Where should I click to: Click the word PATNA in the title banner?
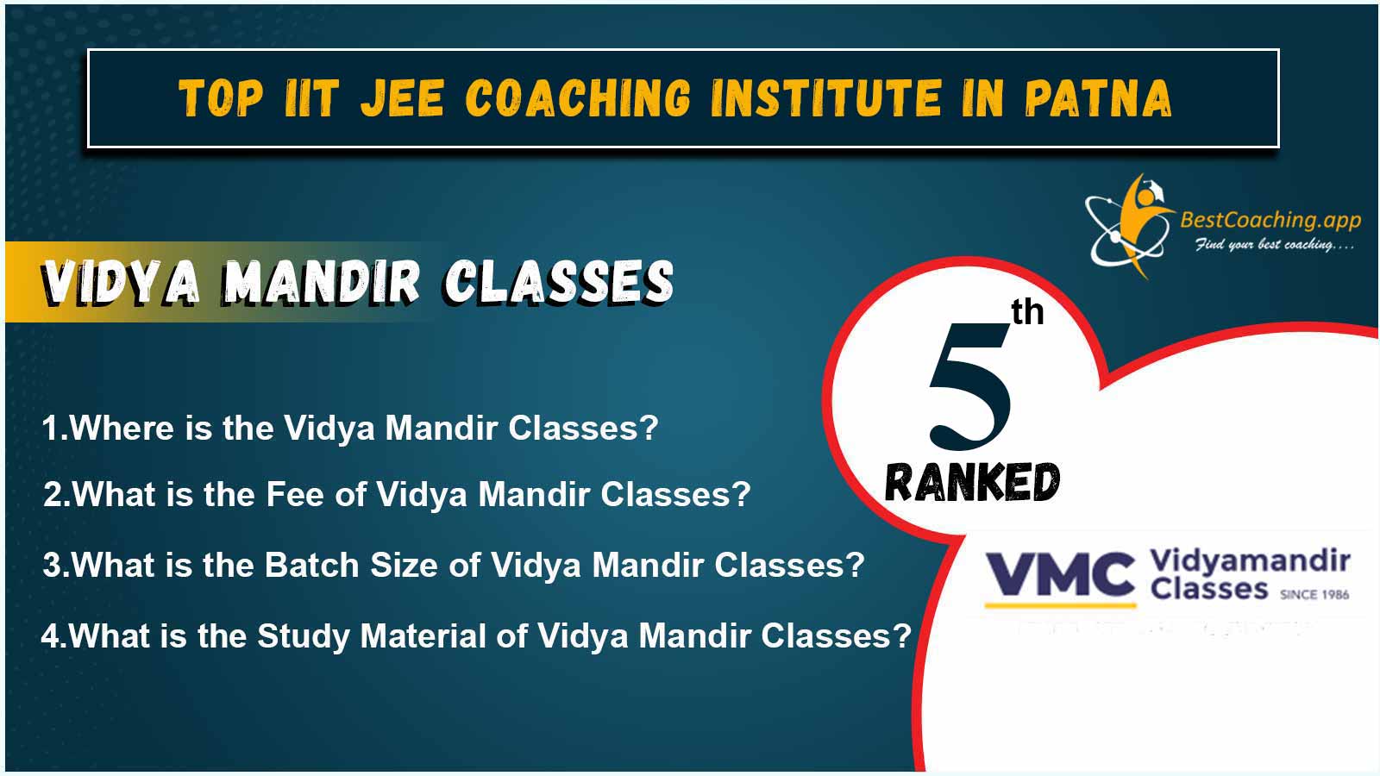(1098, 98)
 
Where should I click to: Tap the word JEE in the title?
(402, 98)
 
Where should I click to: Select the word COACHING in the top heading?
(577, 98)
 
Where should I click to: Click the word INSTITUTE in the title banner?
(825, 98)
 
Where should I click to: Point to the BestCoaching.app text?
(1270, 221)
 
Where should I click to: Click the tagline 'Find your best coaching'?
(1275, 245)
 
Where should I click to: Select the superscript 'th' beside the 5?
(1027, 312)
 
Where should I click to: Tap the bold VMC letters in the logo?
(1060, 574)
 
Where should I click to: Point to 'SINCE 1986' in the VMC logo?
(1314, 594)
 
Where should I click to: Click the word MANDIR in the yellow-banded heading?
(321, 283)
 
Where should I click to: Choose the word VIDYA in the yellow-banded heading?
(121, 283)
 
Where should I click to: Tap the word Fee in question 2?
(294, 494)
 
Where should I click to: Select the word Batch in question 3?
(311, 565)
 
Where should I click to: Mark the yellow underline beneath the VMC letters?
(1060, 605)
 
